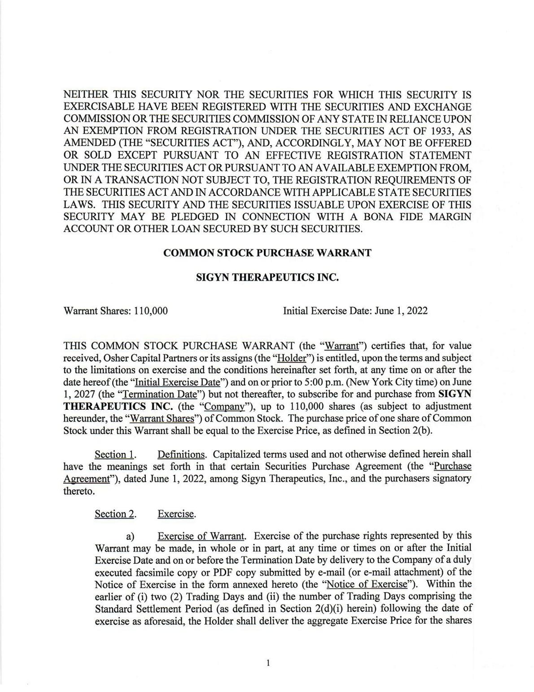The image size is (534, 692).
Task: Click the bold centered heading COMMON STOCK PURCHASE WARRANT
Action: (x=267, y=253)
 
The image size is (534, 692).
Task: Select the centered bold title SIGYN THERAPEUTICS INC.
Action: (x=267, y=278)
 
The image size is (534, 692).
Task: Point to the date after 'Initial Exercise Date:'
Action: (x=401, y=311)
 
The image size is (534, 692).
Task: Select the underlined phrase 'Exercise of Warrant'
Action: (x=201, y=536)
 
